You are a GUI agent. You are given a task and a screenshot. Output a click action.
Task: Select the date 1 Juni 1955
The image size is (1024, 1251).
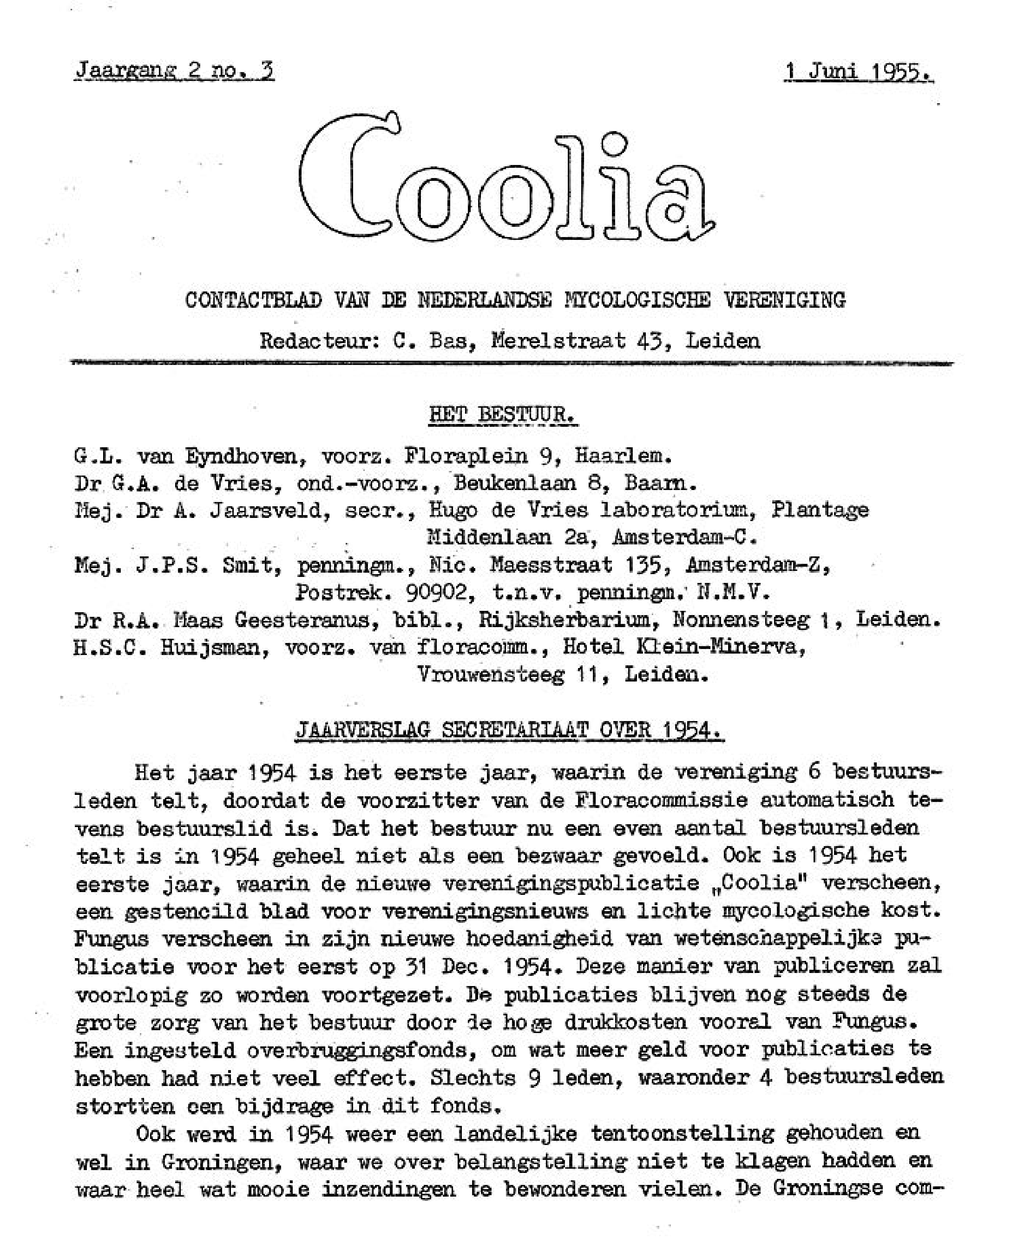(x=858, y=71)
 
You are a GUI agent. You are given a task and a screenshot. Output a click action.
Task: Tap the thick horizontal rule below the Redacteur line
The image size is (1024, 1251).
(x=511, y=364)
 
